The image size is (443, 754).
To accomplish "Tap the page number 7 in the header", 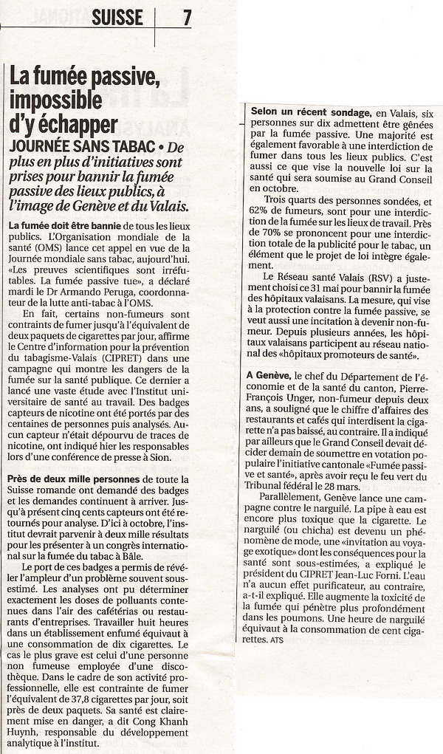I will point(186,18).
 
